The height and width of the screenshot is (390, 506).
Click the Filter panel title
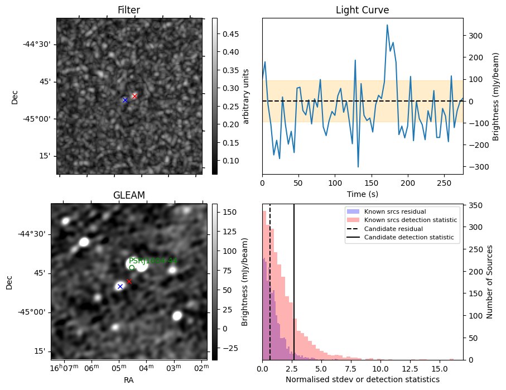pyautogui.click(x=128, y=10)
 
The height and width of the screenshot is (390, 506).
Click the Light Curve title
pyautogui.click(x=362, y=10)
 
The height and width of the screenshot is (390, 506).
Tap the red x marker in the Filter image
pyautogui.click(x=134, y=96)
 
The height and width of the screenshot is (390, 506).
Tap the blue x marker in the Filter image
pyautogui.click(x=125, y=100)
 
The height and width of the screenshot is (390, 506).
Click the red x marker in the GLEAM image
pyautogui.click(x=129, y=281)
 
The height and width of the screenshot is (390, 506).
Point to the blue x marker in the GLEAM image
pyautogui.click(x=120, y=286)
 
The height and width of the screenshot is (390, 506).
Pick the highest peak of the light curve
pyautogui.click(x=387, y=25)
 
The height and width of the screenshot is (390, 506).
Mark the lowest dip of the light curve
pyautogui.click(x=358, y=167)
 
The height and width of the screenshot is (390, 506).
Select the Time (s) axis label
pyautogui.click(x=362, y=193)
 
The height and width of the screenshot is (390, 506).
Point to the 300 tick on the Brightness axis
pyautogui.click(x=474, y=35)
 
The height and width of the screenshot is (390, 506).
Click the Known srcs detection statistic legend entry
pyautogui.click(x=410, y=220)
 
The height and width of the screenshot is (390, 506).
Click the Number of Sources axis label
pyautogui.click(x=490, y=282)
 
